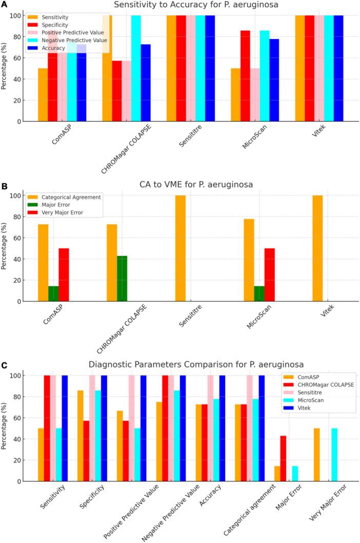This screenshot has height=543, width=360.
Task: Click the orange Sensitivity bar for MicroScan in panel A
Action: point(236,95)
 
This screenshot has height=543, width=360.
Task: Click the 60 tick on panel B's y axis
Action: point(17,238)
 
